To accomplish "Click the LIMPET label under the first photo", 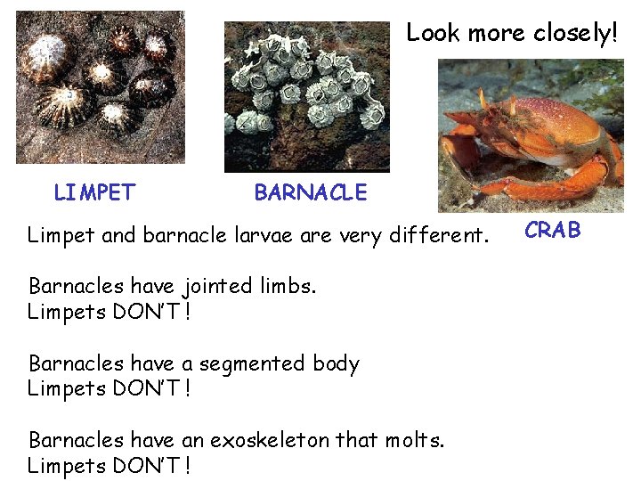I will click(x=94, y=192).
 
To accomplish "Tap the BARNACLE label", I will click(x=310, y=192).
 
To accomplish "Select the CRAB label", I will click(x=552, y=231).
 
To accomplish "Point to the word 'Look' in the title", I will click(x=433, y=34).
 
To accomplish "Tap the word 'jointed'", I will click(x=218, y=287).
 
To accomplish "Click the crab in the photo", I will click(x=543, y=138).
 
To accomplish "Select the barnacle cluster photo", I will click(x=307, y=96).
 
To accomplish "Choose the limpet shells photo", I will click(x=101, y=86).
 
